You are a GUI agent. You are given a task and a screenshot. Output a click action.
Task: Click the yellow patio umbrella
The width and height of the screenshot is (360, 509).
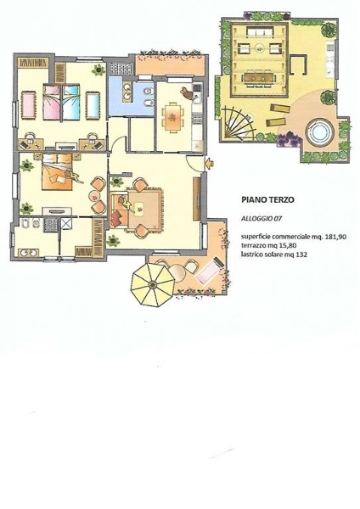point(152,285)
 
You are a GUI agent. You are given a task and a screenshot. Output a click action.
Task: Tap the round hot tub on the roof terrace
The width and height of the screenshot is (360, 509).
point(321,132)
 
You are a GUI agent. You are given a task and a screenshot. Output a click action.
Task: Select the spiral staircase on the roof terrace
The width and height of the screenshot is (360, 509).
point(238,124)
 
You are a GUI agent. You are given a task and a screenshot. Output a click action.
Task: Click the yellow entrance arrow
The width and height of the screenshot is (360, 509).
point(209,162)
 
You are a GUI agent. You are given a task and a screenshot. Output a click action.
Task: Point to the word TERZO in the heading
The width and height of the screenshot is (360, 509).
point(281,199)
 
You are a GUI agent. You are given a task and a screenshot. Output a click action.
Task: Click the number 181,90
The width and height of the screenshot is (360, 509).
point(335,237)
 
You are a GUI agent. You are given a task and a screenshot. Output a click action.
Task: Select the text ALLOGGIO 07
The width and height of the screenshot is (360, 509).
point(262,219)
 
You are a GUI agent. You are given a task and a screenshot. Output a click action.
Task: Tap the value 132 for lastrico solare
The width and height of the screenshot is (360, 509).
point(301,255)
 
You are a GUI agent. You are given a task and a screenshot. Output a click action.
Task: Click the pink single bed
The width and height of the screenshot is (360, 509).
point(52,103)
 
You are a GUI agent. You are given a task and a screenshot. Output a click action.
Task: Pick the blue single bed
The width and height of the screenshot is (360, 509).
point(71,103)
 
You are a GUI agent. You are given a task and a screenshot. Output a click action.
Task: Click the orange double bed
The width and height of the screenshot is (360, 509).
point(57,172)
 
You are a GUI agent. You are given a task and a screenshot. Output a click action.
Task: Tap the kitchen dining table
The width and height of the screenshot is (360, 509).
point(172,117)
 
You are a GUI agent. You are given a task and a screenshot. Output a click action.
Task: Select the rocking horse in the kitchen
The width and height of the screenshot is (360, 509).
point(188,92)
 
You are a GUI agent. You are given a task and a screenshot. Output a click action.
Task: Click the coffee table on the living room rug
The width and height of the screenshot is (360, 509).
point(140,207)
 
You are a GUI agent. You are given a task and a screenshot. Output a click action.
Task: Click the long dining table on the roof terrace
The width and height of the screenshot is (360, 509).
point(259,77)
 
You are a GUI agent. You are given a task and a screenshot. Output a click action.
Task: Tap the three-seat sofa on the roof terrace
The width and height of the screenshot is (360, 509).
point(261,31)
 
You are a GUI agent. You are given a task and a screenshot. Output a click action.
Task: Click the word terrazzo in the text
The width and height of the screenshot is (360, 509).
point(252,246)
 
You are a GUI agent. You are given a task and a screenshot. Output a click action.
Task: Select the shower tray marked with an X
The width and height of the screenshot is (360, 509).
point(66,223)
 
